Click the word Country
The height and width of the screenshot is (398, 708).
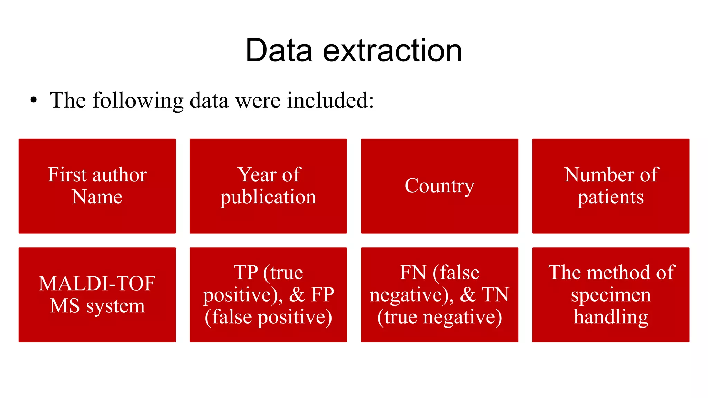[x=439, y=186]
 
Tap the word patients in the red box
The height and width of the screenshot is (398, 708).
[x=611, y=198]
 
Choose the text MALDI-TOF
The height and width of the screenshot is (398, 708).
[x=97, y=284]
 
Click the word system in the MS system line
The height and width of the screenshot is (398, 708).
[x=115, y=306]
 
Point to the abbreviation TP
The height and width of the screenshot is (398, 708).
[x=246, y=273]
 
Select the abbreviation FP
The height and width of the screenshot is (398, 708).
[x=322, y=295]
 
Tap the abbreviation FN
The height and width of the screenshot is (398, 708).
[x=413, y=273]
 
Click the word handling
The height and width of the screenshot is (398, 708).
[x=611, y=317]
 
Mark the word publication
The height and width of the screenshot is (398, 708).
[x=268, y=198]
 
